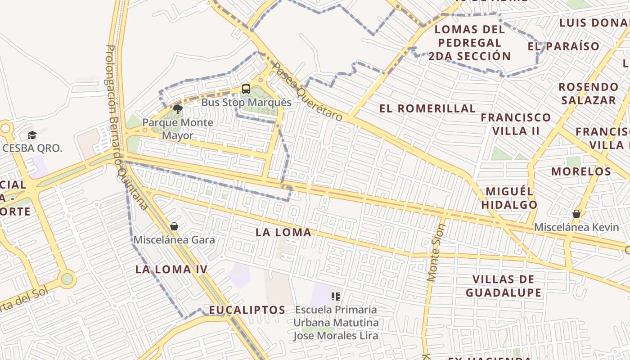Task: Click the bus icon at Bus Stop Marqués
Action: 246,89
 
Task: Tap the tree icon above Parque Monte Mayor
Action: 178,109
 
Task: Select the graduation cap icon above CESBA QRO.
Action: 32,135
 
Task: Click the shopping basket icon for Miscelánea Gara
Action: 174,226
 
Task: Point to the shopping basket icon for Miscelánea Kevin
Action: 576,214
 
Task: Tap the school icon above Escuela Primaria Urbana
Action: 335,296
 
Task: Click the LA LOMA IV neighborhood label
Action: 171,270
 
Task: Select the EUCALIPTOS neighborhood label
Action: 247,310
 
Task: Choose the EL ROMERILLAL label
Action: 427,108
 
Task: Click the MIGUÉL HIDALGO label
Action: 509,198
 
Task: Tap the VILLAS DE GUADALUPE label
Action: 504,286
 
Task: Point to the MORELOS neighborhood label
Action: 581,171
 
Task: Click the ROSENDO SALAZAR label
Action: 588,93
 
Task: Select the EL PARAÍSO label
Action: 563,46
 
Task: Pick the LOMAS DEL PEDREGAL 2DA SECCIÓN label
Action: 469,43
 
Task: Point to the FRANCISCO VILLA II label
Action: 516,124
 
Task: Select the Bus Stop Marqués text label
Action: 246,103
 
